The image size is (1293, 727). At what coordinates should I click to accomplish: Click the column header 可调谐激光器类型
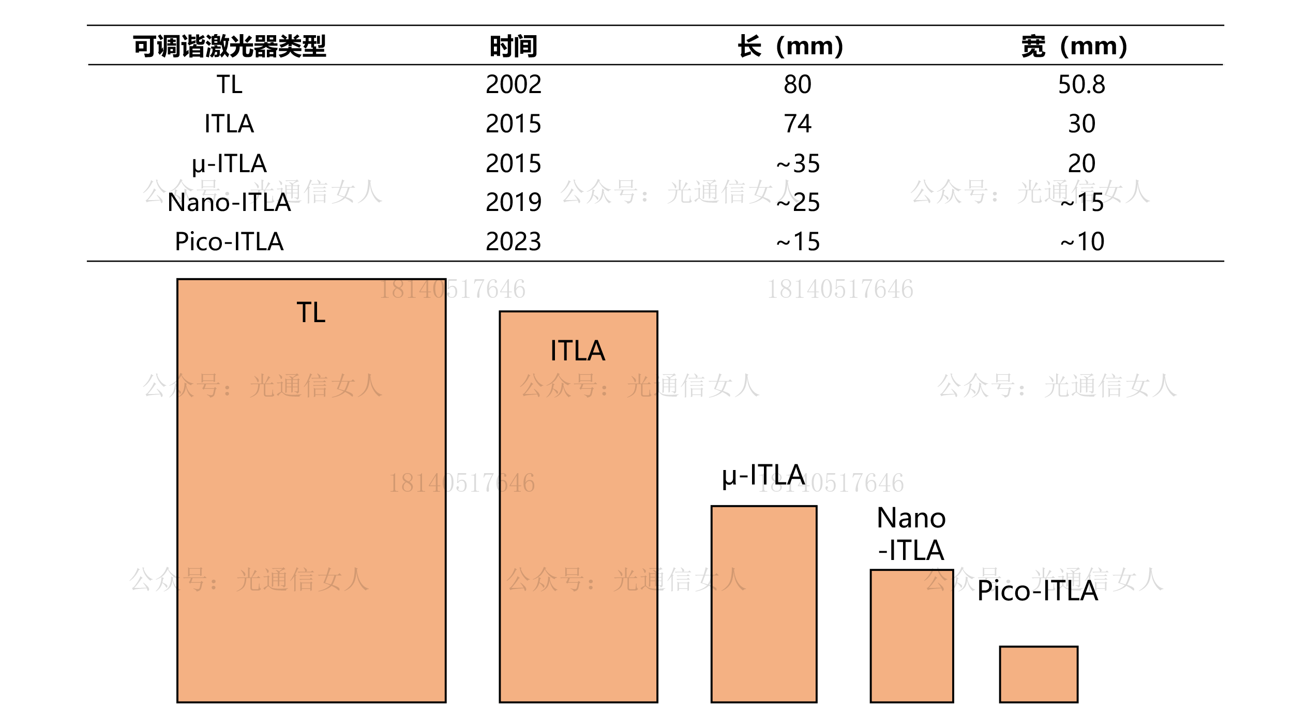pyautogui.click(x=229, y=47)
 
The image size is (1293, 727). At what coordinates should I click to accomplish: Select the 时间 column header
pyautogui.click(x=513, y=47)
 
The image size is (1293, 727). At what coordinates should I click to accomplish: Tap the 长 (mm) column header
pyautogui.click(x=790, y=47)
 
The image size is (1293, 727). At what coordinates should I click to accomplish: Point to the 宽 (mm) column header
pyautogui.click(x=1075, y=47)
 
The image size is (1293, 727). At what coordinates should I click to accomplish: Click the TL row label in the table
pyautogui.click(x=229, y=84)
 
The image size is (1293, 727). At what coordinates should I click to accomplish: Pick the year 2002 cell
pyautogui.click(x=513, y=84)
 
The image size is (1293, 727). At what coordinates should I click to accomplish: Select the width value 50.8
pyautogui.click(x=1081, y=84)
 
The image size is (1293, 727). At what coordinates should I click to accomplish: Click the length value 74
pyautogui.click(x=798, y=124)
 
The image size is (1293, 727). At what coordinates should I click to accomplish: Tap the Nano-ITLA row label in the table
pyautogui.click(x=229, y=202)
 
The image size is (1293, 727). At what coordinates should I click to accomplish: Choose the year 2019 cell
pyautogui.click(x=513, y=202)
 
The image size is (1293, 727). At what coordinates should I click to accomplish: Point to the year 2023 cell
pyautogui.click(x=513, y=241)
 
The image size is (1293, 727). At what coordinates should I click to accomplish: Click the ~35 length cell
pyautogui.click(x=798, y=164)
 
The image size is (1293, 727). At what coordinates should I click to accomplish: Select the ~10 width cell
pyautogui.click(x=1081, y=241)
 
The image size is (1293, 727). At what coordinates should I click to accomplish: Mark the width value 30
pyautogui.click(x=1081, y=124)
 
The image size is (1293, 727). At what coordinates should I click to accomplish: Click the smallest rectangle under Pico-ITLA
pyautogui.click(x=1039, y=674)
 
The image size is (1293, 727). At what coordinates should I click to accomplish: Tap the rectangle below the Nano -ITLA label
pyautogui.click(x=912, y=636)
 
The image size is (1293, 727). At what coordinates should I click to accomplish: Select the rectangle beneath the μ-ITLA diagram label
pyautogui.click(x=764, y=604)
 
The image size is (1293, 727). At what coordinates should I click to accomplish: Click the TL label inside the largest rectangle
pyautogui.click(x=311, y=313)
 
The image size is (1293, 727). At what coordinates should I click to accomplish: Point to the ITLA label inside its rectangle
pyautogui.click(x=578, y=351)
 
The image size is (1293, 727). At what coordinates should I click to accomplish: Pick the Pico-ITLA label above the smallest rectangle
pyautogui.click(x=1038, y=591)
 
